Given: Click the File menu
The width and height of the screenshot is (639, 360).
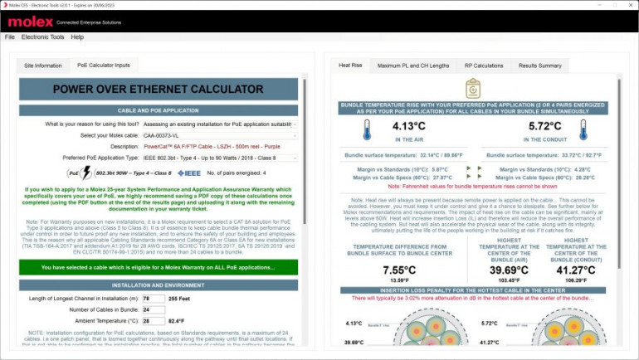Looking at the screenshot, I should pos(10,37).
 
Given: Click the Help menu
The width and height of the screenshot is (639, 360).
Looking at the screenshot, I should pos(77,37).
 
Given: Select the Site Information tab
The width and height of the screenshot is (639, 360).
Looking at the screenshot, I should pos(43,65).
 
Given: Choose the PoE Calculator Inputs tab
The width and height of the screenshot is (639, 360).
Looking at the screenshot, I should pos(104,65).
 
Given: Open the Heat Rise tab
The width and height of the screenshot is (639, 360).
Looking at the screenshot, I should pos(350,65).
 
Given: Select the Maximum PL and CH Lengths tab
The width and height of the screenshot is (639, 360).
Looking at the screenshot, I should pos(413,65).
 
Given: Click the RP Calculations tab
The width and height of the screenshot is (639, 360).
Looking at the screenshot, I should pos(484,65).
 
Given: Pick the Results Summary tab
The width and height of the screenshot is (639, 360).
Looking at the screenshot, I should pos(540,65).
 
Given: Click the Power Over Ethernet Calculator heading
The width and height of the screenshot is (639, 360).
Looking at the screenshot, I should pos(159,90).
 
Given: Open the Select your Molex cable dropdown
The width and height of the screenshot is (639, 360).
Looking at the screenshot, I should pos(220,135).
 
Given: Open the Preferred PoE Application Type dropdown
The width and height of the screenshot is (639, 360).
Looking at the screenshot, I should pos(220,158).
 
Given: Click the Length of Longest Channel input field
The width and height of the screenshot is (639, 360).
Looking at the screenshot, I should pos(153,298).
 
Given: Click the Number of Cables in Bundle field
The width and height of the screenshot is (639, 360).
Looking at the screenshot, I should pos(153,309).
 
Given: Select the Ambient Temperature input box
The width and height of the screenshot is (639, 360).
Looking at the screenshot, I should pos(153,320).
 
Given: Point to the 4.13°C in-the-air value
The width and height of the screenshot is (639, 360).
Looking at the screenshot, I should pos(408,127).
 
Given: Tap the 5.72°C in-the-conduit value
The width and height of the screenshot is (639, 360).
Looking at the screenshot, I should pos(545,127).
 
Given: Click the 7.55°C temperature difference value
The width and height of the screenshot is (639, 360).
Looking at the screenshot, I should pos(399,270).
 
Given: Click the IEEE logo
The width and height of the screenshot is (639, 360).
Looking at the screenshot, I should pos(189,173).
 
